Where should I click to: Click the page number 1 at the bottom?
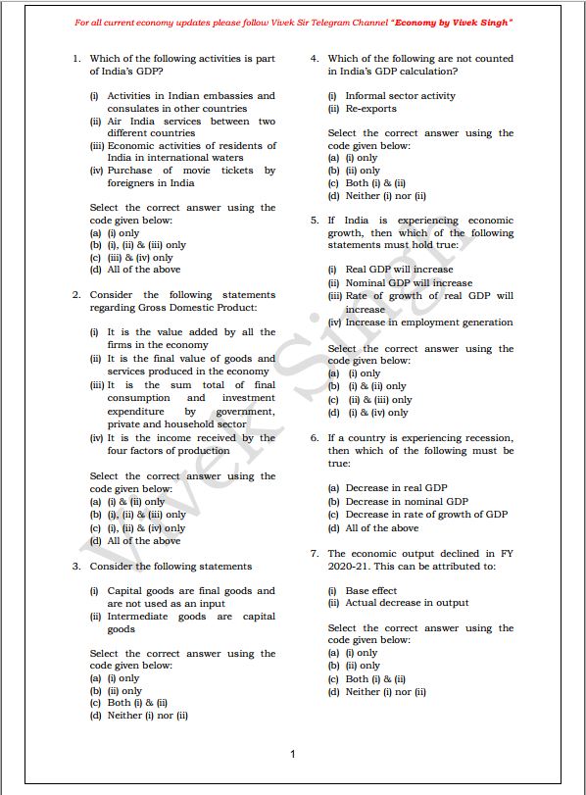(292, 754)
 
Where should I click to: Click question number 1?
(75, 59)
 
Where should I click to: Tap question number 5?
(314, 221)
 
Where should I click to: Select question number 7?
(314, 554)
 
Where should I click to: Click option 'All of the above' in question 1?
(143, 271)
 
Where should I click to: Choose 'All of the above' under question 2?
(143, 540)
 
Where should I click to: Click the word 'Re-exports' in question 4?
(371, 109)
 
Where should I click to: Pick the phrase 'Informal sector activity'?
(400, 96)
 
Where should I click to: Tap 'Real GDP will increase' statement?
(399, 270)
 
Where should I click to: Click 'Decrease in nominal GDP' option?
(407, 502)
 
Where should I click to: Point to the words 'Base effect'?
(371, 591)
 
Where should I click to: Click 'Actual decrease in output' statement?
(407, 603)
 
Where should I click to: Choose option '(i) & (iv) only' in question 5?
(378, 413)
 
